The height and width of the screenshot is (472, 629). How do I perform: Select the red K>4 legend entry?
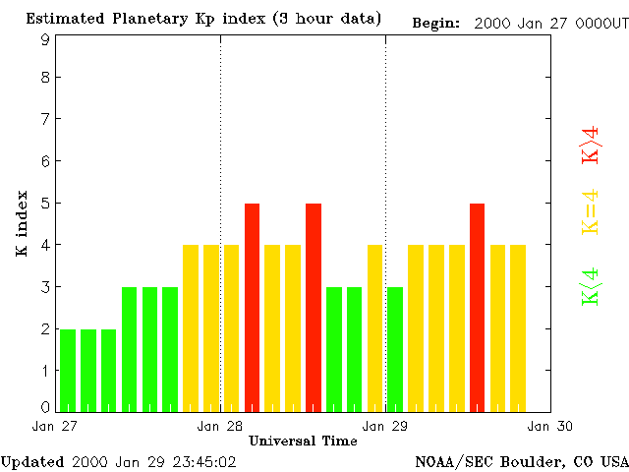591,145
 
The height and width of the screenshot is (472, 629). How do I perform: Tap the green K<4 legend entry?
591,287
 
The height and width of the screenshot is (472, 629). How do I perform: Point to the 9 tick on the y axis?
45,40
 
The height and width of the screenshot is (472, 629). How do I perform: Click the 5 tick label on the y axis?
45,204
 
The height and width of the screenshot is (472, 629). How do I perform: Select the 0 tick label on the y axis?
45,407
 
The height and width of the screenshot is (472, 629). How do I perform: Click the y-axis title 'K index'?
22,224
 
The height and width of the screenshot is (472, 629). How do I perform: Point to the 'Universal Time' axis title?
303,441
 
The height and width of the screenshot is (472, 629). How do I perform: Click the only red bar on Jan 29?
477,307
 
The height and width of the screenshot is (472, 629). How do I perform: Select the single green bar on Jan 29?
395,349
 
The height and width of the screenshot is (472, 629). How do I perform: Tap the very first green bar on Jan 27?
68,370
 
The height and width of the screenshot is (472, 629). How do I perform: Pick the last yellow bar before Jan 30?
518,327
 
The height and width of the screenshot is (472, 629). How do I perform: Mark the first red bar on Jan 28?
252,307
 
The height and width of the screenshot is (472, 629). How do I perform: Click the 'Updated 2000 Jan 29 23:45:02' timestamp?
118,460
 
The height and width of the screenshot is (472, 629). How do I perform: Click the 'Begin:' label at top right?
436,23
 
